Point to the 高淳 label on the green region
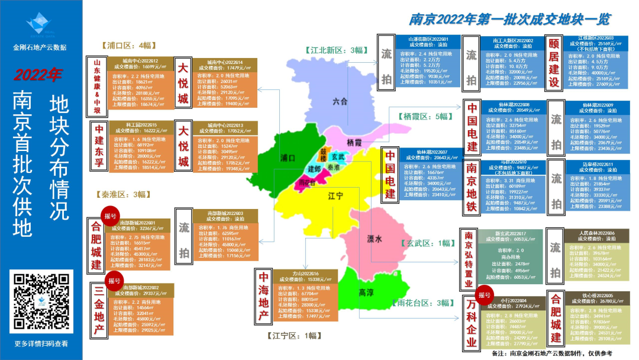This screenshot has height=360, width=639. coord(366,292)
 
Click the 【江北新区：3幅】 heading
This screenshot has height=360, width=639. coord(335,50)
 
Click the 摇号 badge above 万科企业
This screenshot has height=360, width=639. coord(485,294)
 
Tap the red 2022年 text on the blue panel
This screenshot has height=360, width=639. coord(38,75)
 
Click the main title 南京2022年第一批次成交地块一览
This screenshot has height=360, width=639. coord(509,20)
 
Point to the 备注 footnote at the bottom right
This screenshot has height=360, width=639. coord(552,353)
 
